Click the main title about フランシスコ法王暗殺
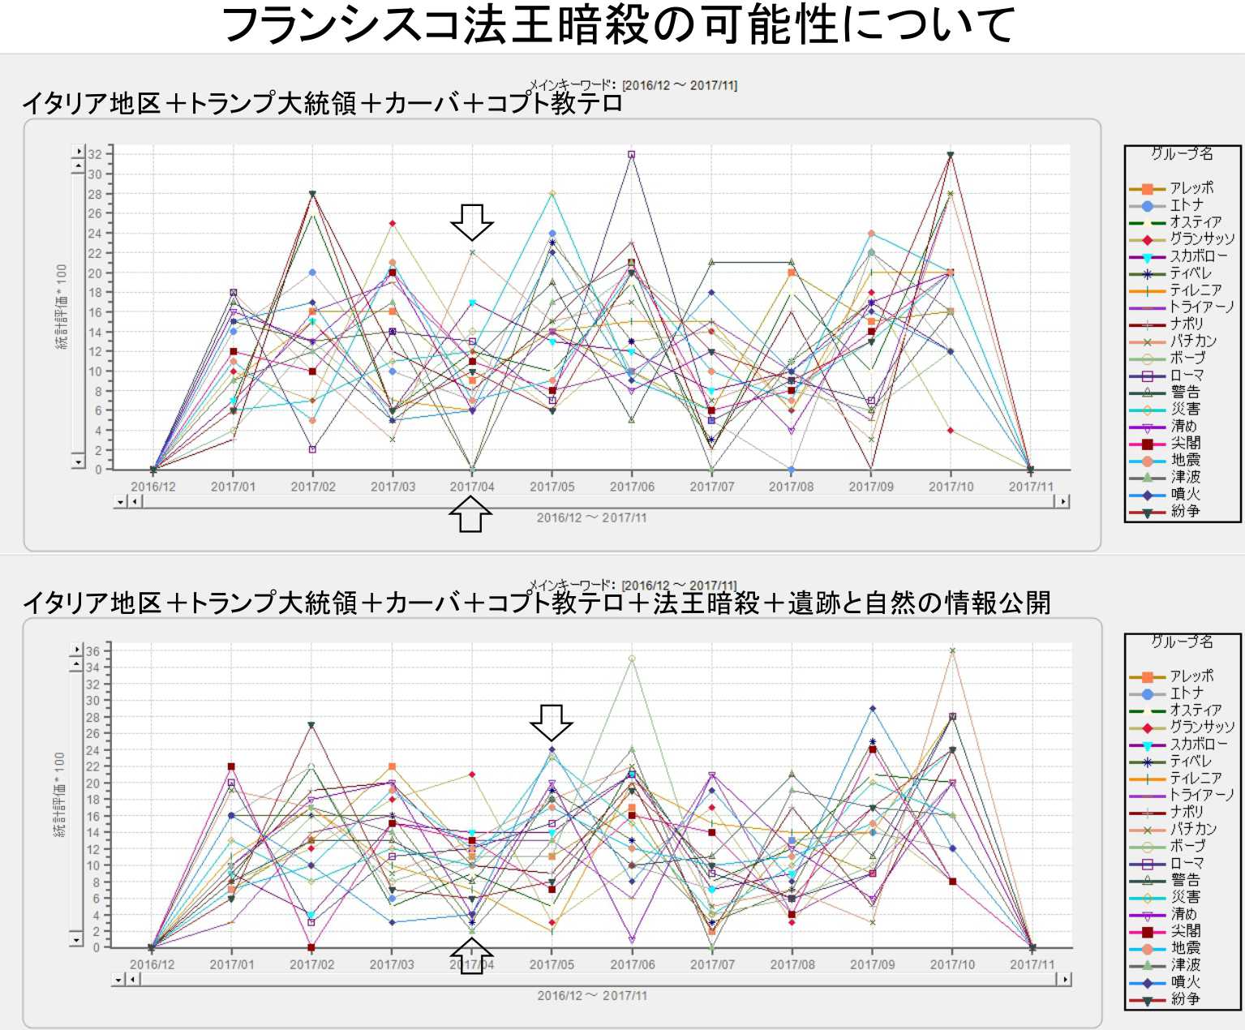618,24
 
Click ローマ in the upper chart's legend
1187,376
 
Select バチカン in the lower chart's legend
1193,829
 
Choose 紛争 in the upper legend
1185,512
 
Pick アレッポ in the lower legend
1191,676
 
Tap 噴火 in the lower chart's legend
1185,982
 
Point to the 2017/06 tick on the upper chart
632,487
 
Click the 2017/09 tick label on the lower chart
872,964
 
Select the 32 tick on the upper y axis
96,154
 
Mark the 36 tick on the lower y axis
93,650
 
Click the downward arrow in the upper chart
472,221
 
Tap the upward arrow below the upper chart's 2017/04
470,514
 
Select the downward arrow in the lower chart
552,722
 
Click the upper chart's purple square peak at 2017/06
632,154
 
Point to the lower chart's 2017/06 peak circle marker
632,659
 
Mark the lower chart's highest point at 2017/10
952,650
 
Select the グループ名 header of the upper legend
1182,153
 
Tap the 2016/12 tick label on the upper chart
153,487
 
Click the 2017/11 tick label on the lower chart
1032,964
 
